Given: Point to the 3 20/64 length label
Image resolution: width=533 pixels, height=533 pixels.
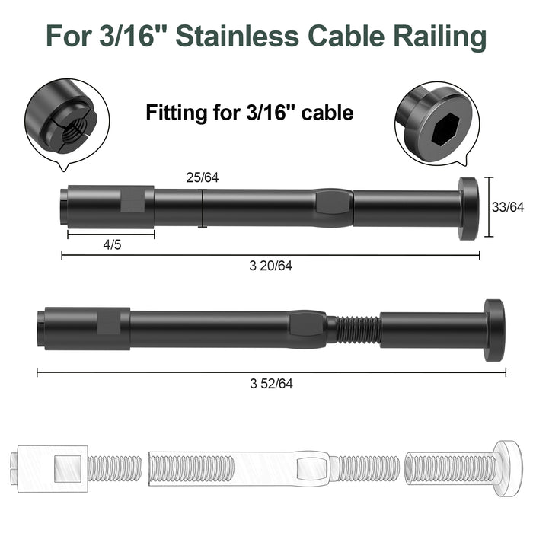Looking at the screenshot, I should point(270,266).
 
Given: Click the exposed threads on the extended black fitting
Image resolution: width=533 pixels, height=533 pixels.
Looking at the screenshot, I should point(357,329).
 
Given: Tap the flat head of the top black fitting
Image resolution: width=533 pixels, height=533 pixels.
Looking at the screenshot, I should point(468,209).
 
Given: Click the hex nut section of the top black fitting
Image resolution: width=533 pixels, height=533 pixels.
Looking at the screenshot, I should point(333,207).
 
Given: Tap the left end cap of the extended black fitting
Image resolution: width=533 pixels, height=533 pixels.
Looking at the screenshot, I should point(40,327).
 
